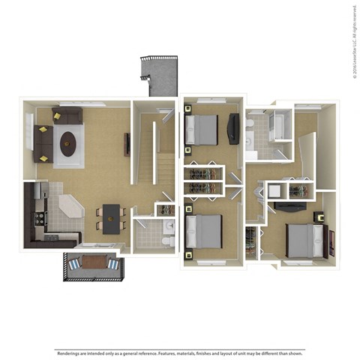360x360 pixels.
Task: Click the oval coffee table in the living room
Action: [69, 143]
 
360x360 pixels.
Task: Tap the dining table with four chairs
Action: [111, 217]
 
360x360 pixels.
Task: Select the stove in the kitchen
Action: [36, 219]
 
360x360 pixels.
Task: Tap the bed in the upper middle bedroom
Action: [202, 129]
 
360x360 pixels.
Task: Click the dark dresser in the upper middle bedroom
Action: [233, 128]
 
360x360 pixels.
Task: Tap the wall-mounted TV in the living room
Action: [127, 143]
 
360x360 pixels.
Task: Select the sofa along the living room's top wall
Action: [67, 115]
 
